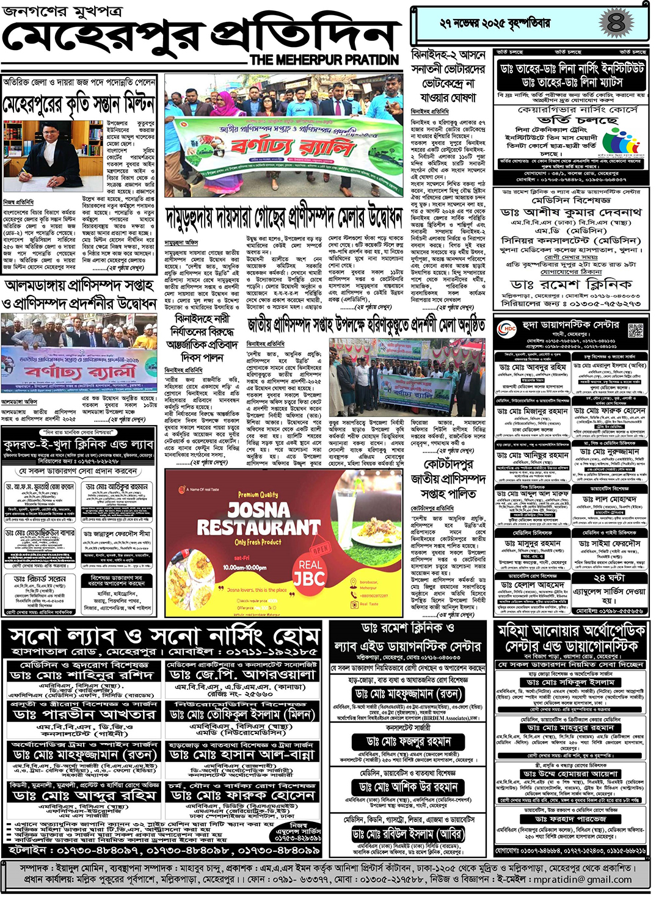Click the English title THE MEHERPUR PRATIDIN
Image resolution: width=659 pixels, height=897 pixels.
coord(324,60)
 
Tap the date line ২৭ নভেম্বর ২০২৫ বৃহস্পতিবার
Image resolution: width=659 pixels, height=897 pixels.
coord(495,24)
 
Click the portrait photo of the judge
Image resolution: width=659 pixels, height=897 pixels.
coord(42,154)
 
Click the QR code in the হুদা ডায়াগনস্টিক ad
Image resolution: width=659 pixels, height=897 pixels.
coord(636,331)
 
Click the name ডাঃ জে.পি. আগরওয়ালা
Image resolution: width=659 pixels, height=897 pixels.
coord(242,675)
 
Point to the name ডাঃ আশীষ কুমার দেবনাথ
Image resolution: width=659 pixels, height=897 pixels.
coord(570,212)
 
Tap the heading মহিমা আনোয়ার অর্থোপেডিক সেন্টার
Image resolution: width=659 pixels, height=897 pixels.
coord(571,637)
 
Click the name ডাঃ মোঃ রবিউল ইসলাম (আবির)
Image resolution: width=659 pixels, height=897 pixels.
coord(407,833)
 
